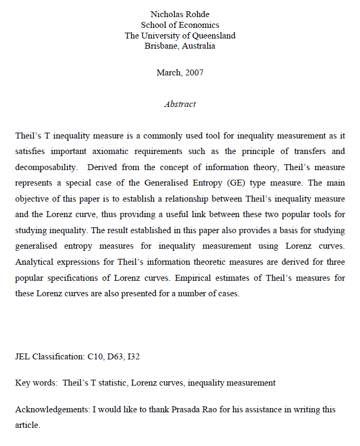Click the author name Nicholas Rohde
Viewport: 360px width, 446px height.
[x=180, y=14]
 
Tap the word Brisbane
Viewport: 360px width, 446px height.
[x=161, y=46]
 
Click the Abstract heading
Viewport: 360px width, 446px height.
[x=180, y=104]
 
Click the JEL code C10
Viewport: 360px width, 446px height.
[x=95, y=356]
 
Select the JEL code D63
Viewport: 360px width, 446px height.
[x=115, y=356]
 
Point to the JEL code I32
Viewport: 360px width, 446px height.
[x=133, y=356]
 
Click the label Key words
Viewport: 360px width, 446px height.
[x=36, y=382]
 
